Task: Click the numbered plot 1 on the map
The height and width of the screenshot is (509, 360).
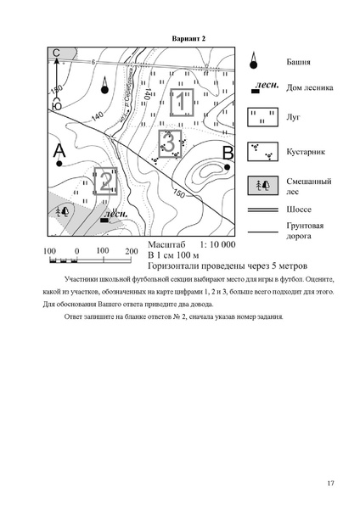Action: (181, 103)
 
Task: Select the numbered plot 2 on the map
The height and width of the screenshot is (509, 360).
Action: (106, 182)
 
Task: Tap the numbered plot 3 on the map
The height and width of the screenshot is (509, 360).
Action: (170, 143)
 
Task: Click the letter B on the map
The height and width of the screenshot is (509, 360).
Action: (227, 153)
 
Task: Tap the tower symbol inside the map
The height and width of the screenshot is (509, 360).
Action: (104, 85)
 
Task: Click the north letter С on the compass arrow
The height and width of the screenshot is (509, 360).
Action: (57, 53)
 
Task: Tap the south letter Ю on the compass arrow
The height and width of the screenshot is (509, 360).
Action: (57, 105)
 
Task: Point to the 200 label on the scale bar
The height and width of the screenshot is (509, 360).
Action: (131, 252)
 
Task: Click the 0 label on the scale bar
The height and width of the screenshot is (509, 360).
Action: (76, 252)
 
